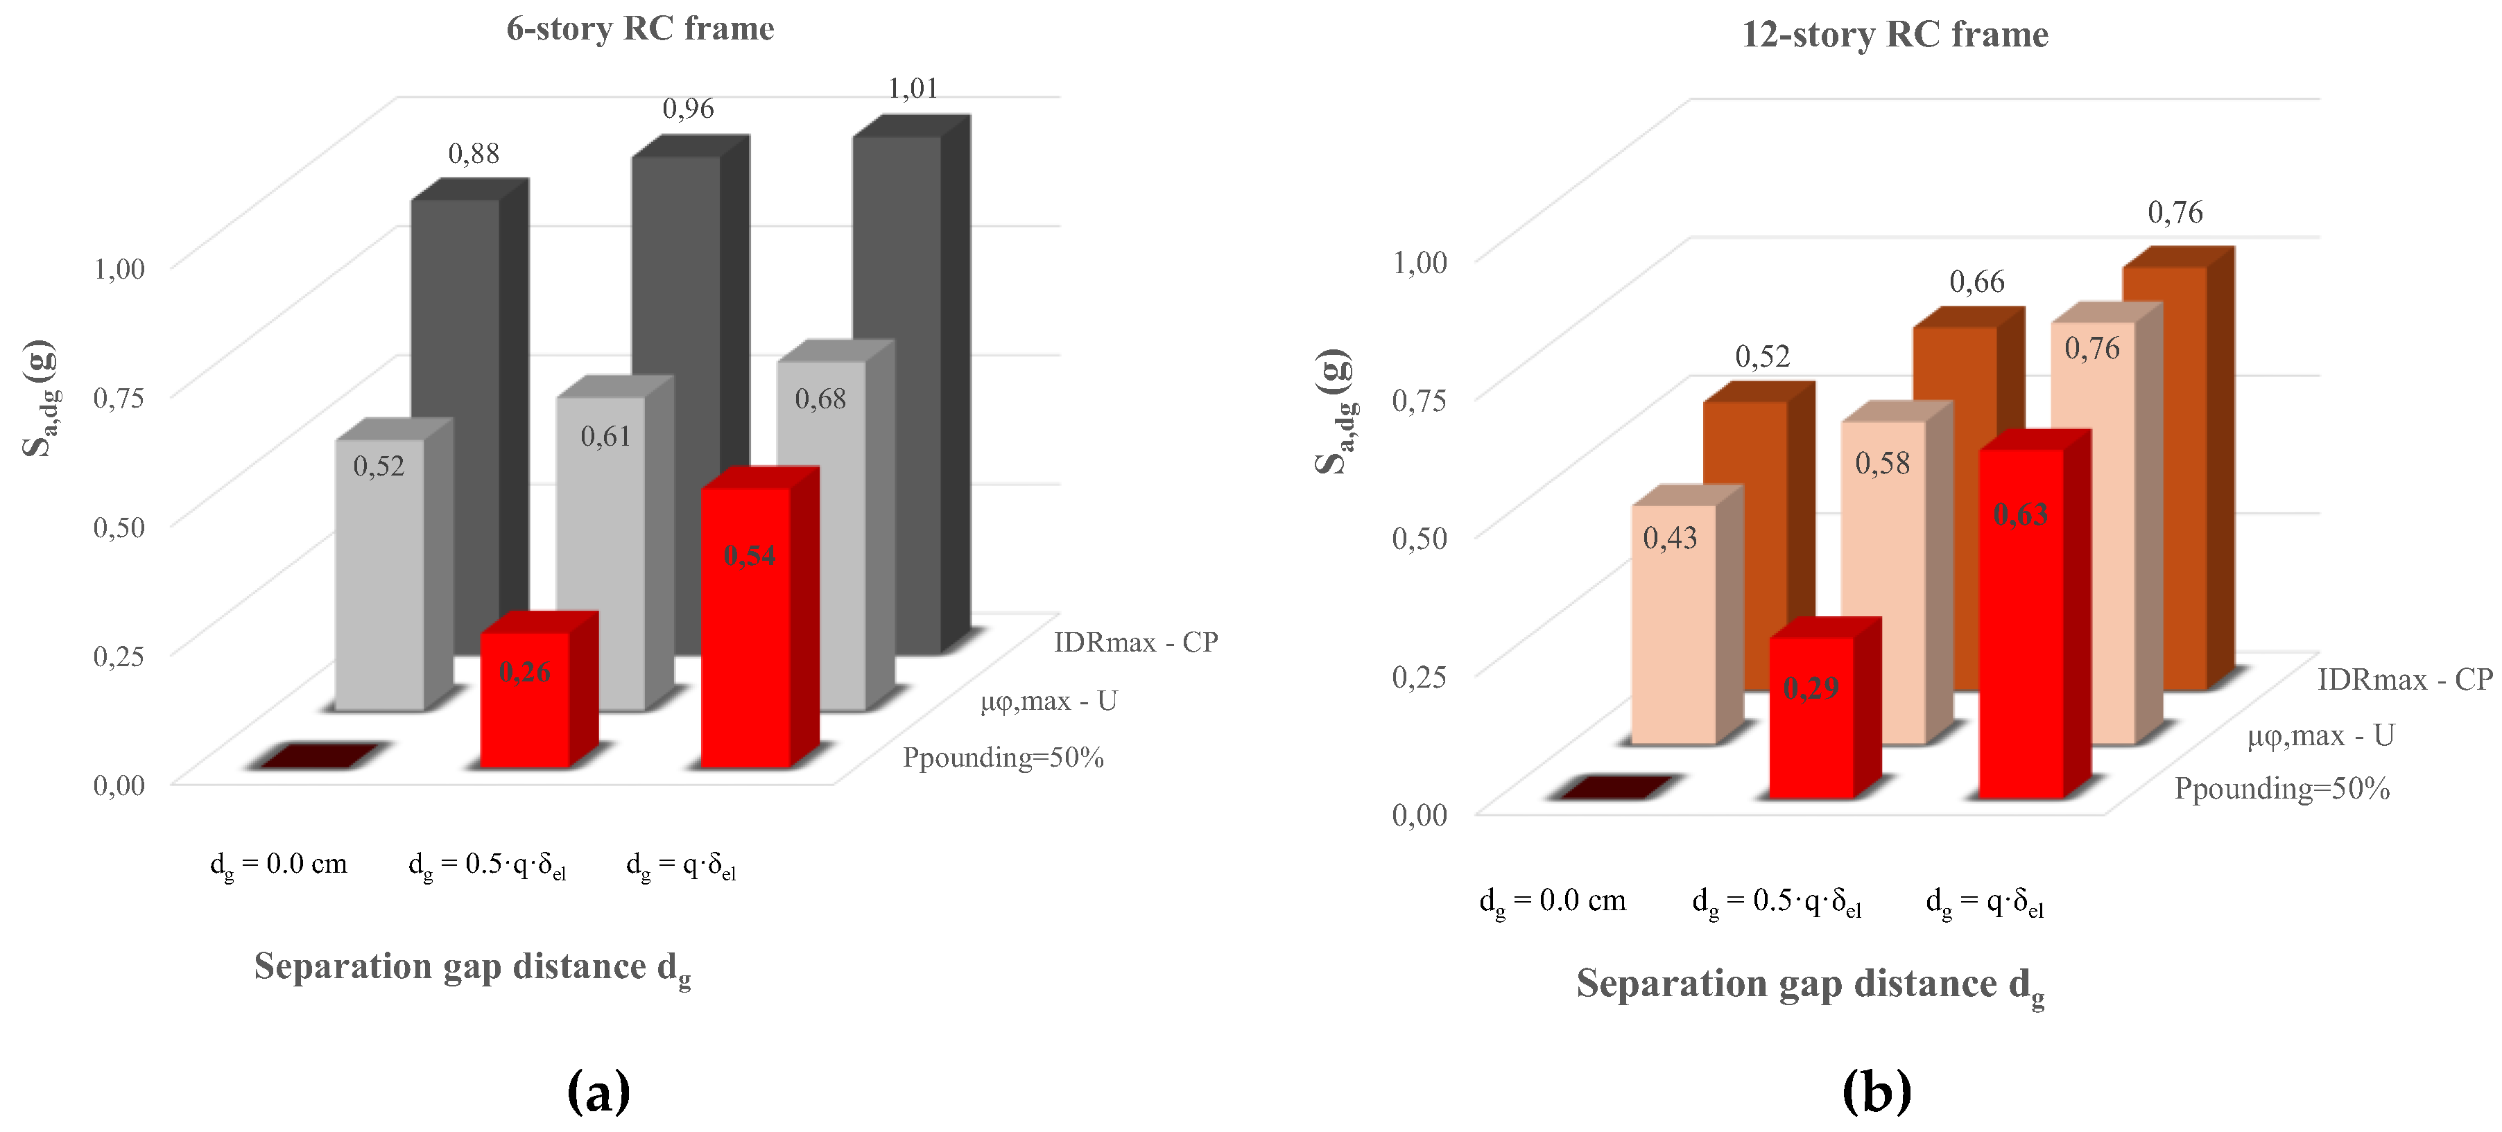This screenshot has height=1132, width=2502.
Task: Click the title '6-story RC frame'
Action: click(x=640, y=29)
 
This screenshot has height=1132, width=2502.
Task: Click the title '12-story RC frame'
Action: click(x=1894, y=35)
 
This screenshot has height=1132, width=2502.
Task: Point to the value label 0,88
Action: click(x=474, y=153)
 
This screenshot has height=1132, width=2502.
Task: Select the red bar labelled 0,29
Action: click(x=1811, y=718)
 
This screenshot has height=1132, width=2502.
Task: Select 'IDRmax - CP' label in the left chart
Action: click(x=1135, y=643)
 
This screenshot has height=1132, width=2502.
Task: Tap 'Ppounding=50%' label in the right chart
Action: click(x=2281, y=788)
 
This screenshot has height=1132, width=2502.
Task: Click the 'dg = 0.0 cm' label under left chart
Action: click(x=279, y=864)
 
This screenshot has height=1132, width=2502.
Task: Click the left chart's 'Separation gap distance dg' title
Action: click(x=473, y=968)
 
